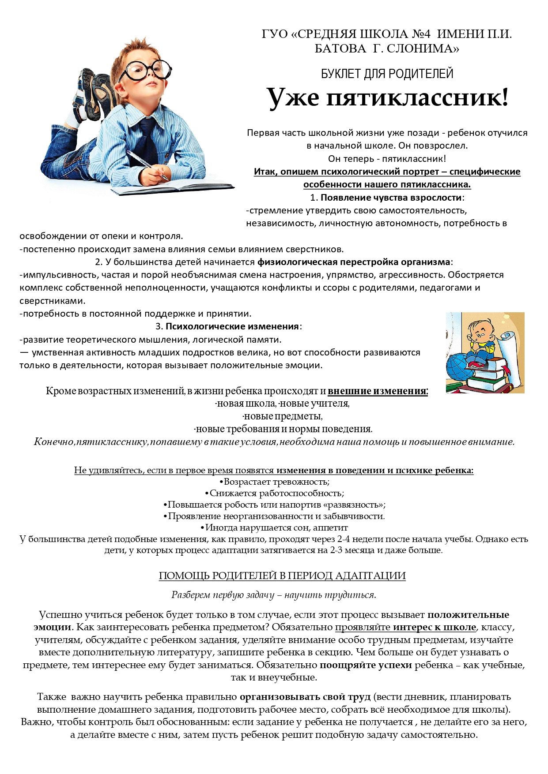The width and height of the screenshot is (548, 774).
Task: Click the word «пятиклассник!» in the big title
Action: pos(417,97)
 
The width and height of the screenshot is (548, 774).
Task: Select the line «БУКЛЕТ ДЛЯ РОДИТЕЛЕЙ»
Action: pos(387,74)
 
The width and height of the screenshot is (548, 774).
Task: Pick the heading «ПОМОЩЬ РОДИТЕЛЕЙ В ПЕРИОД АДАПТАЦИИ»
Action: pos(282,576)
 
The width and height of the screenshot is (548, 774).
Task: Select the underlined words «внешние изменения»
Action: pos(377,391)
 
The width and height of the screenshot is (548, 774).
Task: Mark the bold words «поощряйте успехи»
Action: pos(366,665)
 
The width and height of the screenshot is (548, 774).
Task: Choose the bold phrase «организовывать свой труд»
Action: pos(305,697)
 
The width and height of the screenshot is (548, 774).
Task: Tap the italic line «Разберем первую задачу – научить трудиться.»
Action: pos(274,595)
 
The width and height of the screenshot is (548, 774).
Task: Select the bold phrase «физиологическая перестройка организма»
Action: pos(354,262)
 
